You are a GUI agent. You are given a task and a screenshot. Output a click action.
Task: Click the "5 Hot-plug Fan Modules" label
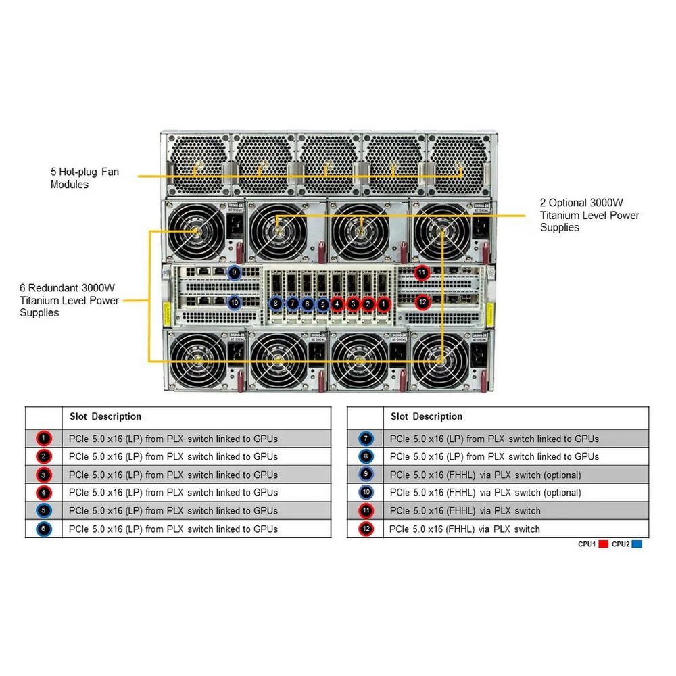84,178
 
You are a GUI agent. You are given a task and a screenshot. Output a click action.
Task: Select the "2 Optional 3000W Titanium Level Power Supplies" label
589,215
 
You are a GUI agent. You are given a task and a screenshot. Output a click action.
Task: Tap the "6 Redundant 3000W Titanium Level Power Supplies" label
69,300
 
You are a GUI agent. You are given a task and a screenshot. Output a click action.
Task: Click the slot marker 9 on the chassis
234,272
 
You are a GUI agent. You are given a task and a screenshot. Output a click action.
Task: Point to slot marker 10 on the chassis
234,302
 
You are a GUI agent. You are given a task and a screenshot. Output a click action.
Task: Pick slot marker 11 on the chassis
422,272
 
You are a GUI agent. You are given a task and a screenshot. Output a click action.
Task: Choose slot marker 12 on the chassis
422,301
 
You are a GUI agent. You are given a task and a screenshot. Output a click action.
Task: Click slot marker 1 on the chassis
383,304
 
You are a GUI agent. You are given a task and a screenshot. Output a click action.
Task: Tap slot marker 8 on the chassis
276,304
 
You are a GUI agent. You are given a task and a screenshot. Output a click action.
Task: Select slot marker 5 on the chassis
322,304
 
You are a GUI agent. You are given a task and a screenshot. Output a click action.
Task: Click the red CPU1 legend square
604,544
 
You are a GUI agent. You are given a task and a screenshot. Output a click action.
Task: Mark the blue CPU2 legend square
637,544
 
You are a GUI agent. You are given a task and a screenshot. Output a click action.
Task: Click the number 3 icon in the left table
44,475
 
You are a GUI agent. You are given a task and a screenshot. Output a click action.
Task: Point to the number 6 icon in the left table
44,529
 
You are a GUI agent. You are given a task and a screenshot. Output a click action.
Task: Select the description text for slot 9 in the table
485,475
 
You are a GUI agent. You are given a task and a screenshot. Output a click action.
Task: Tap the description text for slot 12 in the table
465,529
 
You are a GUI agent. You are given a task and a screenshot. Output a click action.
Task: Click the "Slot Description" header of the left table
105,416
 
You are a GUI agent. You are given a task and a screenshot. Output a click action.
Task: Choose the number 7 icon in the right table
366,439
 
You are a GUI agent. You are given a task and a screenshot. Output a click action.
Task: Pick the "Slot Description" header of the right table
427,416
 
